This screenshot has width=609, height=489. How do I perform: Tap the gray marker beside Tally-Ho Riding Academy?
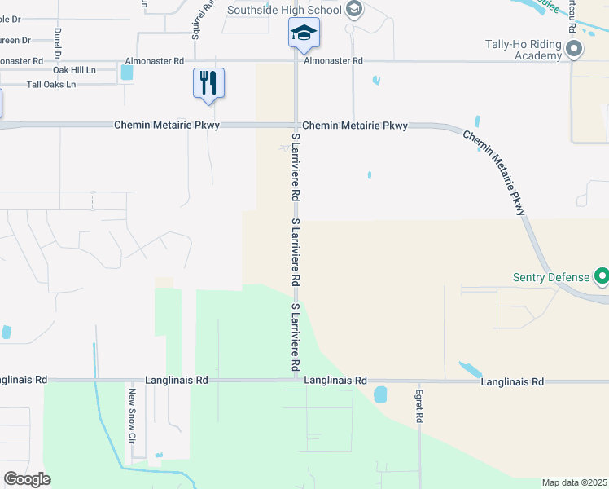tap(574, 50)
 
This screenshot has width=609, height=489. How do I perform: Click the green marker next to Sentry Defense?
tap(602, 277)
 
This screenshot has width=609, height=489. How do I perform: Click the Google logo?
tap(26, 479)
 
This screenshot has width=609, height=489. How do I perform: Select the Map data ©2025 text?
tap(575, 482)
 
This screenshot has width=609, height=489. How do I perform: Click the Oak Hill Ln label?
tap(75, 72)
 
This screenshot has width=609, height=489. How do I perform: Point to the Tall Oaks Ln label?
tap(51, 84)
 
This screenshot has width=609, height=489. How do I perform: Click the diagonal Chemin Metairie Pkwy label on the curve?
tap(495, 172)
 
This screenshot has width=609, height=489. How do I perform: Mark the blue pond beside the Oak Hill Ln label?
tap(126, 72)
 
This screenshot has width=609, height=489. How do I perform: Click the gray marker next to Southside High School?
tap(353, 10)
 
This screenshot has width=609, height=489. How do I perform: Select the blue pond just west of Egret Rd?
tap(380, 394)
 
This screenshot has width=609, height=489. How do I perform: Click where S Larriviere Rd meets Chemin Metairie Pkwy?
tap(296, 126)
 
